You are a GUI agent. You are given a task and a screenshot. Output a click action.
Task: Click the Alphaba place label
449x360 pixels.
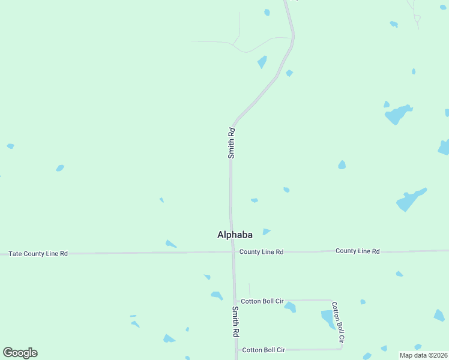tap(234, 235)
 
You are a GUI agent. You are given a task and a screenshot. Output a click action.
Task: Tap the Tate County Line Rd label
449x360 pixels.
tap(38, 254)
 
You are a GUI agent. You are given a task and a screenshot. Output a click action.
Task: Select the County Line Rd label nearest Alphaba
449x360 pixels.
tap(261, 252)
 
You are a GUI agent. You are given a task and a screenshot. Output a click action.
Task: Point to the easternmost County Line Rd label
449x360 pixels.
tap(358, 251)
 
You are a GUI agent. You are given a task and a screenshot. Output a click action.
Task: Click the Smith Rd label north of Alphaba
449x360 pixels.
tap(231, 143)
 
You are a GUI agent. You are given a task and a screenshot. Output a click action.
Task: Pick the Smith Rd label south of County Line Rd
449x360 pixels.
tap(236, 321)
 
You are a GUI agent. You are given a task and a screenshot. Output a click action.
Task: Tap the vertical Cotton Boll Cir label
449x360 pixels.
tap(338, 322)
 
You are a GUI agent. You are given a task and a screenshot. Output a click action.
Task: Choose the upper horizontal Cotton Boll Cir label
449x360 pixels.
tap(262, 301)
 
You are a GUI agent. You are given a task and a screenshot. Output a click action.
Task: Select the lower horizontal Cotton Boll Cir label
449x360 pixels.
tap(263, 349)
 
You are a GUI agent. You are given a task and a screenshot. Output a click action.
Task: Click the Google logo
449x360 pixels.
tap(20, 353)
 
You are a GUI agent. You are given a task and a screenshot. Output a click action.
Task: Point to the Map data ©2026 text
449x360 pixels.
tap(423, 355)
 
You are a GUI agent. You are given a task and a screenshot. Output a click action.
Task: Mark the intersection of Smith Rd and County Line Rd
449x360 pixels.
tap(232, 252)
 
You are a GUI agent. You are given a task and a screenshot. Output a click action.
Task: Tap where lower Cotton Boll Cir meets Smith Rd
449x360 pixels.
tap(237, 349)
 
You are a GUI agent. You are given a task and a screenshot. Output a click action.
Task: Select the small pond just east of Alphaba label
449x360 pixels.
tap(266, 232)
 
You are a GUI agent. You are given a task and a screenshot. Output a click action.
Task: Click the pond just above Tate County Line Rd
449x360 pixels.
tap(171, 244)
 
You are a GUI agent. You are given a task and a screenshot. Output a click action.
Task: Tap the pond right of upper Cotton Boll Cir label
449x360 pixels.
tap(291, 307)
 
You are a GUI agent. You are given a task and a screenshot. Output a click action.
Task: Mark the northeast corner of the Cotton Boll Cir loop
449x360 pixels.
tap(332, 300)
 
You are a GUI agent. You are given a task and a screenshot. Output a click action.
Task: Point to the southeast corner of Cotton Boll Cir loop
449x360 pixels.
tap(341, 348)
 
